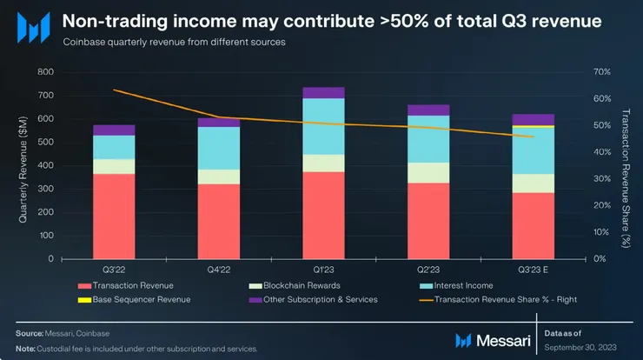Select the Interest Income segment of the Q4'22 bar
pos(218,148)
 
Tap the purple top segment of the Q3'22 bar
pos(114,130)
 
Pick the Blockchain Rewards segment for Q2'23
pos(428,172)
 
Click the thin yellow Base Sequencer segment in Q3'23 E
pos(534,126)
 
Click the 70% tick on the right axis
pos(600,72)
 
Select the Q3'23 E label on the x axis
pos(534,270)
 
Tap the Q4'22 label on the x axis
pos(218,270)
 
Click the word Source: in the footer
pos(30,334)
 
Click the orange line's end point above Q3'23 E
pos(534,137)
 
